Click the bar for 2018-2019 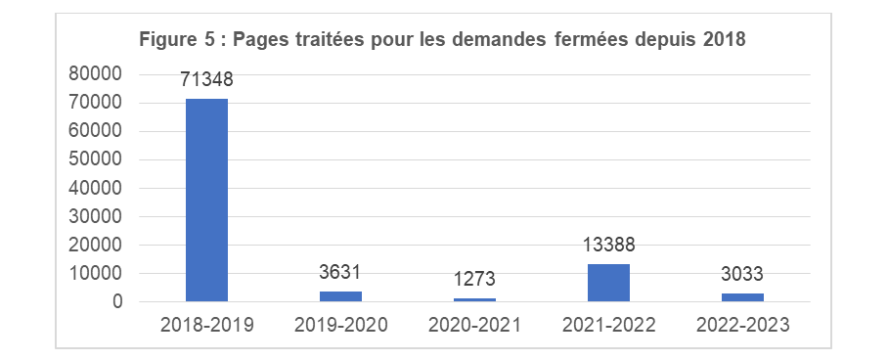(206, 200)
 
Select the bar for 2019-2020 (340, 296)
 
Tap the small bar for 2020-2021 (474, 299)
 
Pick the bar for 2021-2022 (608, 283)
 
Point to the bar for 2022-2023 (742, 297)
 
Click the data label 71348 (206, 80)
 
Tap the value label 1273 (474, 281)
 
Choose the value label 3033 (742, 276)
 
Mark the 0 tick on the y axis (116, 302)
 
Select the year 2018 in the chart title (725, 40)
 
